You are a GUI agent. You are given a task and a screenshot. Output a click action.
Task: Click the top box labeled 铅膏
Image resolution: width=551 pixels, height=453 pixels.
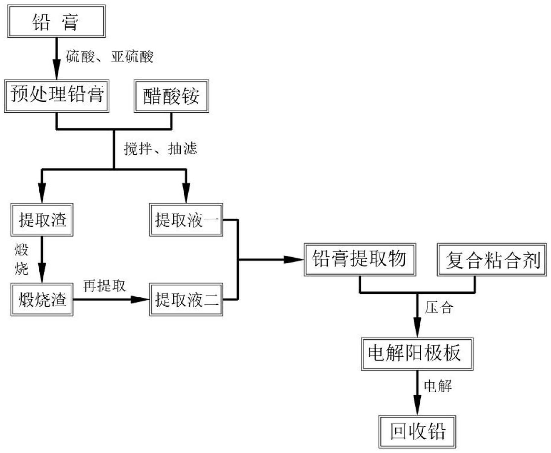click(56, 21)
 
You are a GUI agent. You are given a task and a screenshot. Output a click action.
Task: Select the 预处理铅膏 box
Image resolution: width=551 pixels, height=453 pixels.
click(56, 96)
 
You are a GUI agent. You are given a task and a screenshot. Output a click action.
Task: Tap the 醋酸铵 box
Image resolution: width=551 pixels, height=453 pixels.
click(171, 96)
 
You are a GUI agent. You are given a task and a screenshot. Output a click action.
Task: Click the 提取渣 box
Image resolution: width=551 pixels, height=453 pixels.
click(42, 219)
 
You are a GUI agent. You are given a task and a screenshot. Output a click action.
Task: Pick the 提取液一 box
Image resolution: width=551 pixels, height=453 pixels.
click(186, 219)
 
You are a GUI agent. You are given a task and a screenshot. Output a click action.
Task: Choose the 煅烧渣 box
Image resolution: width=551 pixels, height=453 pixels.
click(42, 299)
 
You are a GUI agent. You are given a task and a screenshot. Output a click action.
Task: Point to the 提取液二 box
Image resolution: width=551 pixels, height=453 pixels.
click(186, 299)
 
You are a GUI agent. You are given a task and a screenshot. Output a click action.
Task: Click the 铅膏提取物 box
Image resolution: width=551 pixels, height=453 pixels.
click(360, 259)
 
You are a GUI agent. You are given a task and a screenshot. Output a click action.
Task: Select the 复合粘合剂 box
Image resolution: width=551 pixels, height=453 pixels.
click(492, 260)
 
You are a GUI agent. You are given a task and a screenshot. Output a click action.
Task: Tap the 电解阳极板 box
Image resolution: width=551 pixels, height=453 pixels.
click(417, 354)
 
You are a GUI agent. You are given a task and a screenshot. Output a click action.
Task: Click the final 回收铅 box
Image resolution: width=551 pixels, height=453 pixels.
click(417, 431)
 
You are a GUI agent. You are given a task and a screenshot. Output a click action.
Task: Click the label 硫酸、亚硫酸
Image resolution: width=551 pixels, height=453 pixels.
click(110, 56)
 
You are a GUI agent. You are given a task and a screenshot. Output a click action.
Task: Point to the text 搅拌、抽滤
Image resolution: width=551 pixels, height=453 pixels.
click(160, 148)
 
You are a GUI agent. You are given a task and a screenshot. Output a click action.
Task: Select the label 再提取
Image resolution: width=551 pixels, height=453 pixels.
click(104, 286)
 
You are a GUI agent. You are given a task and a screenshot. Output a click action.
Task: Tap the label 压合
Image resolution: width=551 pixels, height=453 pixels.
click(439, 308)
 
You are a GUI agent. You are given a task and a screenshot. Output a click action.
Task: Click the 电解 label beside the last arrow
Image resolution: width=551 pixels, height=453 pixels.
click(438, 386)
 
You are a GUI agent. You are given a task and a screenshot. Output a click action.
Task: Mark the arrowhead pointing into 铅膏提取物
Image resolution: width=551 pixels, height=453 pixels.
click(294, 259)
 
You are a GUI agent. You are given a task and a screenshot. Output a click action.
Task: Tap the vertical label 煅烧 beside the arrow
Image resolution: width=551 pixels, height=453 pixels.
click(21, 259)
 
